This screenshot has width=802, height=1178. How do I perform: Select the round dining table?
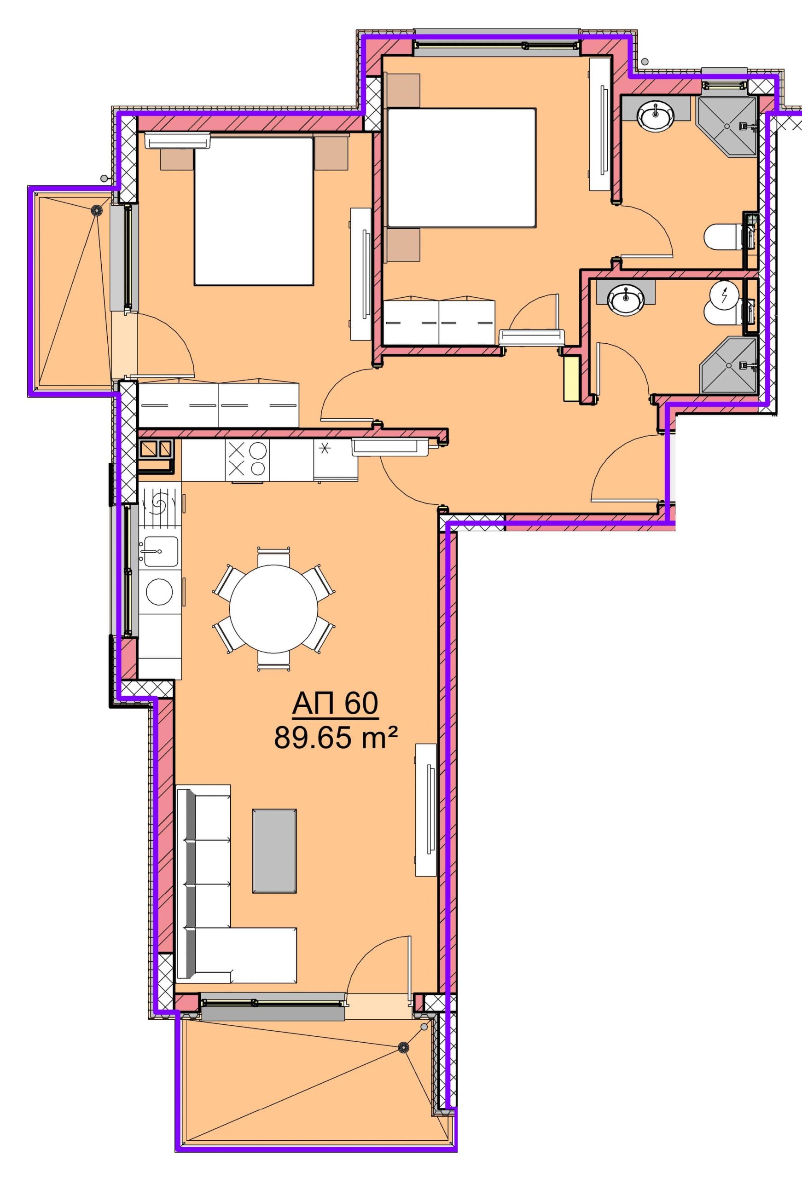(274, 609)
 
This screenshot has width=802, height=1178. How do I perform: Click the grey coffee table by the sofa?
(274, 850)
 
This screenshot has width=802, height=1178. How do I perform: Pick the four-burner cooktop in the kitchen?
(247, 460)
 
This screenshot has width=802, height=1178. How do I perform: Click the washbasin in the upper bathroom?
(656, 117)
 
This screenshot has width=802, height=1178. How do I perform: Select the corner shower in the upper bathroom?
(727, 126)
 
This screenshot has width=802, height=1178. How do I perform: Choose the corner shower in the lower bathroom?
(728, 365)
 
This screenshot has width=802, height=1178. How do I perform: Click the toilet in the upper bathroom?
(724, 237)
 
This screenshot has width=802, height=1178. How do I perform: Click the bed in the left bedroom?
(253, 210)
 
